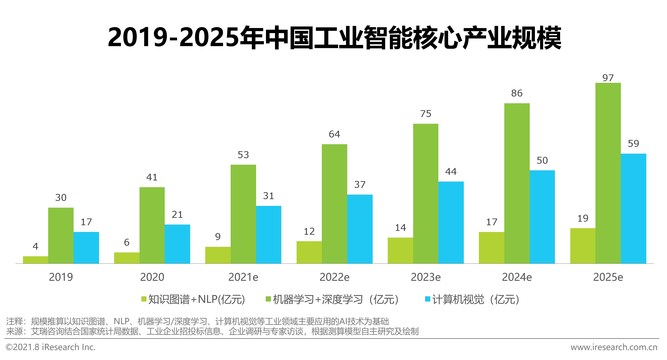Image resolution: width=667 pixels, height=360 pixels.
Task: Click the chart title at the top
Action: pos(334,38)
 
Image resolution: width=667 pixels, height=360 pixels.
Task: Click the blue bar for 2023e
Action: pos(451,222)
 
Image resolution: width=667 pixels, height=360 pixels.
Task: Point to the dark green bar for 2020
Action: pos(152,225)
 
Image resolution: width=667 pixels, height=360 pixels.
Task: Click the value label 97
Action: pos(608,78)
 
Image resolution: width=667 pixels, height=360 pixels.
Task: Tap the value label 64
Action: pos(334,134)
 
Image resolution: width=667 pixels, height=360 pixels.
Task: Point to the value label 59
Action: pos(633,144)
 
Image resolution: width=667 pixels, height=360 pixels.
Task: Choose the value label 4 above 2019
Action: pos(36,246)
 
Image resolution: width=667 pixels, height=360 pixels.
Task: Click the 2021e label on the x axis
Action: pos(243,277)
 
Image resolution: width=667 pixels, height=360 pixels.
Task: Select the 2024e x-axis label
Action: pos(517,277)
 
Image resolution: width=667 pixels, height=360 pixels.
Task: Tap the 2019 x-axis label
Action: pos(61,277)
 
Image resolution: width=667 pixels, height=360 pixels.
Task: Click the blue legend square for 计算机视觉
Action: pos(428,299)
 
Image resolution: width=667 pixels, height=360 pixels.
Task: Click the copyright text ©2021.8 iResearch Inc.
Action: pos(50,347)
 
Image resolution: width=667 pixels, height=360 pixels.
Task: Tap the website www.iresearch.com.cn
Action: pos(614,347)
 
